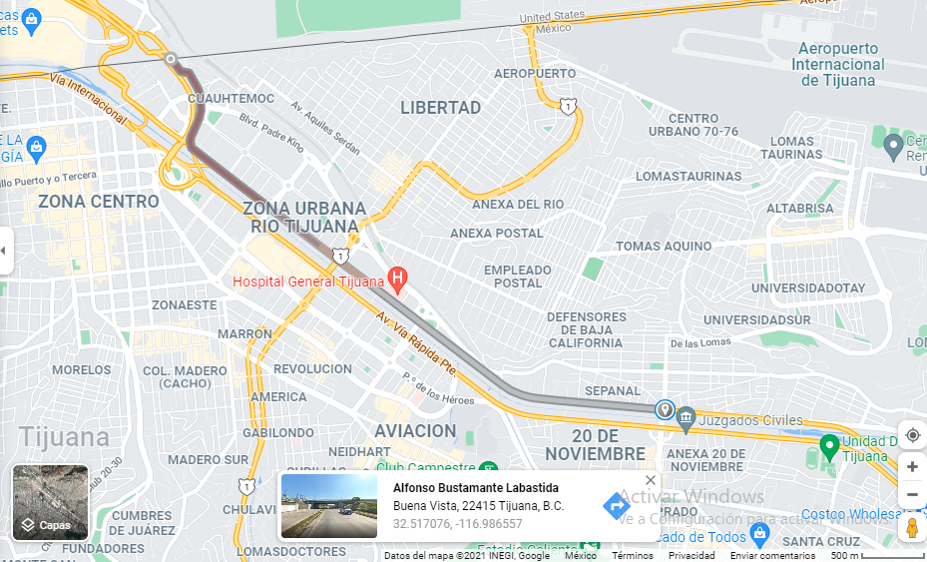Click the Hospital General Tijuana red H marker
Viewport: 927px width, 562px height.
397,277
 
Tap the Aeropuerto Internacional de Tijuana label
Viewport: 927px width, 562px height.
838,64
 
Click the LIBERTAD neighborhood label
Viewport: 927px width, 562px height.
440,108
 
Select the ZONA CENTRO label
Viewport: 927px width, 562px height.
98,202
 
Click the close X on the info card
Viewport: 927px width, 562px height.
651,480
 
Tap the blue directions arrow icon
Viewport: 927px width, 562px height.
617,506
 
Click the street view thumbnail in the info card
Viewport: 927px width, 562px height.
329,506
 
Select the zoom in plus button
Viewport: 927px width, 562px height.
912,466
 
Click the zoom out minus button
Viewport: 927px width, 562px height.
912,494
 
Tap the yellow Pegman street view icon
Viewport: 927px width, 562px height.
912,528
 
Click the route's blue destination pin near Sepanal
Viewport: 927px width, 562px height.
665,410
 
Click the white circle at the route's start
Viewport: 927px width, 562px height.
172,59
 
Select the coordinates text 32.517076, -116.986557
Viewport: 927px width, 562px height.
457,524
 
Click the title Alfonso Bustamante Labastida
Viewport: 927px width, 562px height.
476,488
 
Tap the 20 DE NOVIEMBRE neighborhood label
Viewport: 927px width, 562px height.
609,445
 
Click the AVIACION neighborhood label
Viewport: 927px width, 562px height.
415,431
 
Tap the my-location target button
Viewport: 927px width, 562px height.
912,435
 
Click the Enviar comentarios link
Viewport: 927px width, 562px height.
772,556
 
